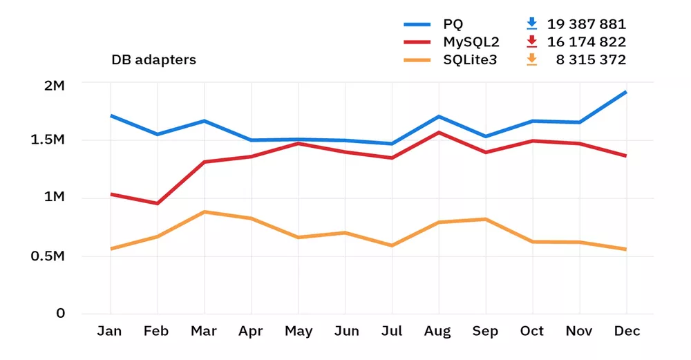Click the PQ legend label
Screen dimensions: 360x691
[x=453, y=24]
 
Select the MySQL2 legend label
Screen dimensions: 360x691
[x=467, y=42]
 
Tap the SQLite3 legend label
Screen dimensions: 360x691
[x=469, y=60]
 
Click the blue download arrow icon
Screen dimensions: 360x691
[x=531, y=24]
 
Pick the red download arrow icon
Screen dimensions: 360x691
[x=531, y=42]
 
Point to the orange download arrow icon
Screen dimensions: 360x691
[x=531, y=60]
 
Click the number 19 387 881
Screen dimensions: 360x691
[x=587, y=24]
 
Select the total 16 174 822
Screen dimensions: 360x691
[x=587, y=42]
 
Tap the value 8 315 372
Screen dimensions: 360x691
[x=591, y=60]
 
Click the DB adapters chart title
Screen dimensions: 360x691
[x=153, y=60]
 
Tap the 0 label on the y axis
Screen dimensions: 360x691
[x=61, y=314]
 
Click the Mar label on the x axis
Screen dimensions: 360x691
[x=203, y=332]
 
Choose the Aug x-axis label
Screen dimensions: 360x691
[x=437, y=332]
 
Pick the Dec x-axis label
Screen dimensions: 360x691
[x=627, y=332]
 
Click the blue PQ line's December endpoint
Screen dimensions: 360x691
[x=626, y=91]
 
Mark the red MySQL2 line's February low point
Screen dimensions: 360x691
[x=157, y=203]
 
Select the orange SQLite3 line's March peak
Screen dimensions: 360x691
[x=203, y=211]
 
